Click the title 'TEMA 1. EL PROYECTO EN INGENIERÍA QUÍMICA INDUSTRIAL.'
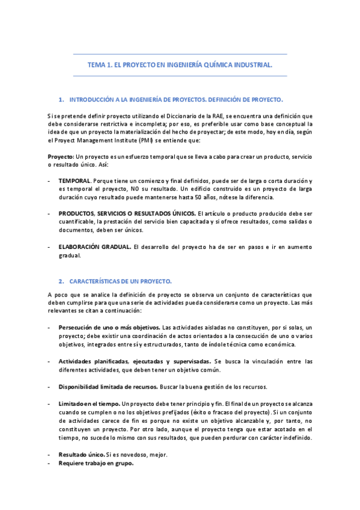(x=180, y=65)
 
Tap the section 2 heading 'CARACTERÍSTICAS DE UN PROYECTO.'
(x=121, y=281)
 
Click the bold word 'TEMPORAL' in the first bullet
(x=75, y=180)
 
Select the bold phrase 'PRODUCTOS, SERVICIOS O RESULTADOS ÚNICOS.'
(x=127, y=214)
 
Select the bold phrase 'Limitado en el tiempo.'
(x=89, y=402)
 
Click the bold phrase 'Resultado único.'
(x=82, y=455)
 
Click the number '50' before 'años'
(x=215, y=197)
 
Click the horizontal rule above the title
(x=180, y=54)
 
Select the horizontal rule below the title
(x=180, y=76)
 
